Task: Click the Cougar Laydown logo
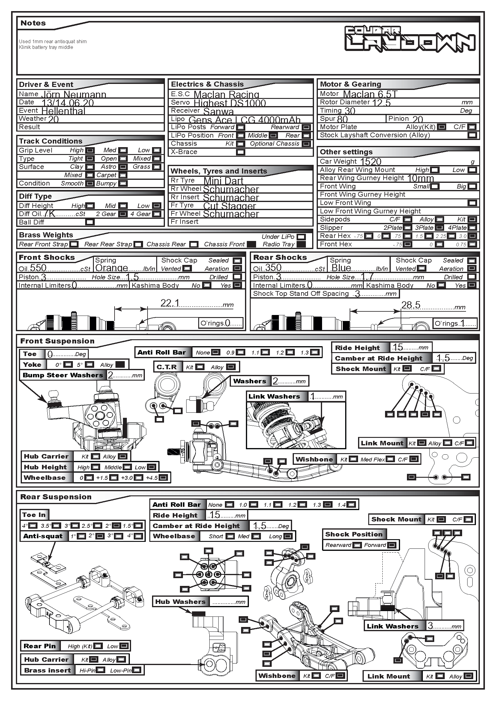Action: pos(410,39)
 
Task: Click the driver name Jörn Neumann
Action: pos(73,94)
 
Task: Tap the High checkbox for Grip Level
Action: pos(90,150)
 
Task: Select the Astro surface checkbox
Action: pos(123,167)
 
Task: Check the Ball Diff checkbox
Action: pos(90,222)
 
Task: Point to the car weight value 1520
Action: pos(371,162)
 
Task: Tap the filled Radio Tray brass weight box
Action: pos(301,244)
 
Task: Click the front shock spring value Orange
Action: pos(112,268)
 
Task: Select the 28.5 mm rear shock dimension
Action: pos(411,305)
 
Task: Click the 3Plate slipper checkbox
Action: pos(440,228)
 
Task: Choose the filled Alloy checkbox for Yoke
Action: pos(120,364)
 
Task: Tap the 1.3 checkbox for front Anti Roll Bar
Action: pos(315,352)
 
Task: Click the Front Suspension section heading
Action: pos(57,341)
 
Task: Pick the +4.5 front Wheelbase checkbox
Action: pos(163,477)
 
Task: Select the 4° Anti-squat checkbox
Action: pos(138,536)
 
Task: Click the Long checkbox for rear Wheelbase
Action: pos(288,536)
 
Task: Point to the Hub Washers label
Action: pos(180,601)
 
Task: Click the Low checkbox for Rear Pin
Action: pos(124,646)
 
